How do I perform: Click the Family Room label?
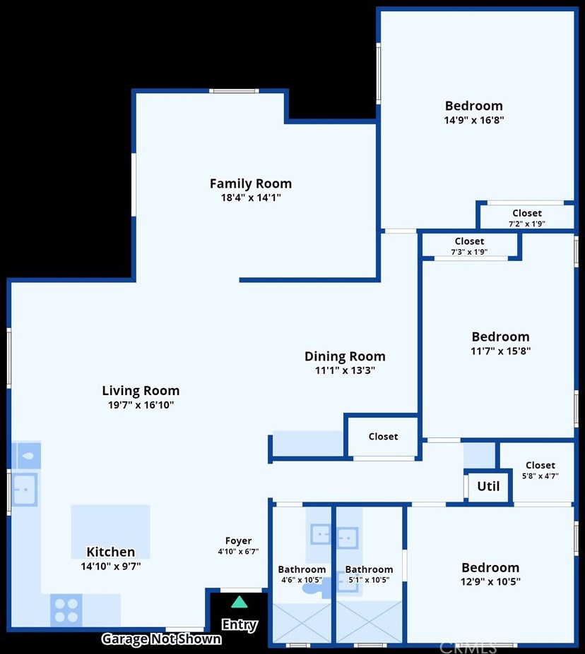tap(251, 183)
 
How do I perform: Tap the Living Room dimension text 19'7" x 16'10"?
tap(141, 404)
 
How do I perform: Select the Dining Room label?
tap(345, 356)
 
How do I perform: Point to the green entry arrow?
tap(240, 602)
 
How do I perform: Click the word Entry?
tap(240, 625)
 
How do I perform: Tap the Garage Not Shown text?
tap(162, 639)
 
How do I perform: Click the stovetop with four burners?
tap(66, 610)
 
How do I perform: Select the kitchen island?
tap(111, 532)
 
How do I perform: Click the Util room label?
tap(488, 486)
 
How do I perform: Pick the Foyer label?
tap(238, 540)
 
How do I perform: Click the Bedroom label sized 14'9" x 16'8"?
tap(474, 106)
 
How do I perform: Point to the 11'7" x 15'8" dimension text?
tap(501, 351)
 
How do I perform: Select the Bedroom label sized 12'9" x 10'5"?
tap(490, 568)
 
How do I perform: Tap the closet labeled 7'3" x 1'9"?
tap(469, 246)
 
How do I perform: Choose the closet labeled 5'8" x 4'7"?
tap(540, 470)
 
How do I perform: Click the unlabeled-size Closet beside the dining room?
tap(383, 436)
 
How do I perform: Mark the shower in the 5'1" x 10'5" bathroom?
tap(369, 622)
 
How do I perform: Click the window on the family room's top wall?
tap(234, 91)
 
